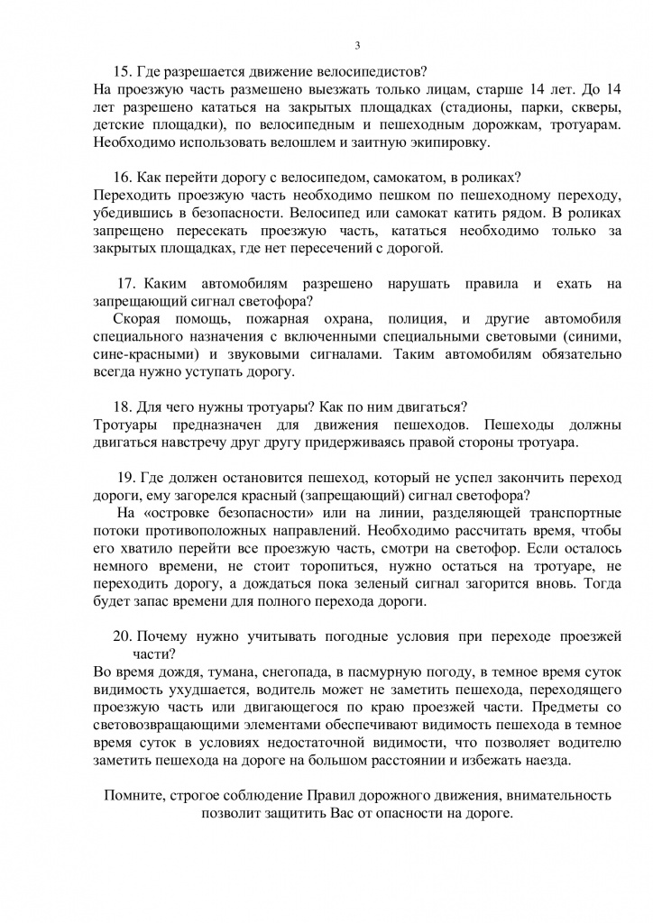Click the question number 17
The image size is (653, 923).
tap(127, 283)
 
